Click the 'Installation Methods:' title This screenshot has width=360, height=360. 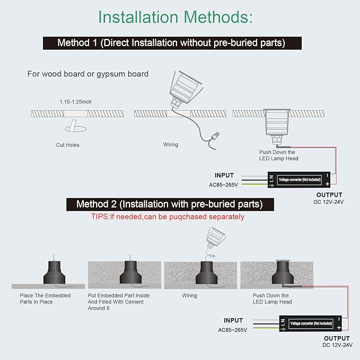click(175, 17)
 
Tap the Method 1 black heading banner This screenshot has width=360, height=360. click(172, 43)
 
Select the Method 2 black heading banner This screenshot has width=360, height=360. click(170, 204)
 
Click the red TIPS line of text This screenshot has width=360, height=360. click(168, 217)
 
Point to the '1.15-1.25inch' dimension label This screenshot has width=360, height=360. click(75, 102)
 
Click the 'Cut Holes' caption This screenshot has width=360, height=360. click(68, 145)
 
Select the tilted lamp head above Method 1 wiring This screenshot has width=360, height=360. click(185, 89)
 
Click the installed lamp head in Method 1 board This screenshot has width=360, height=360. click(276, 126)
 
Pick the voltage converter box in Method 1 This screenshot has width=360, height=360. click(298, 180)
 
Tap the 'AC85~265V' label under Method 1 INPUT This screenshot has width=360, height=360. click(223, 185)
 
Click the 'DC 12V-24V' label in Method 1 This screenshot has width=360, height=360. click(329, 202)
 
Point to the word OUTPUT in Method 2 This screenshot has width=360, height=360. click(337, 338)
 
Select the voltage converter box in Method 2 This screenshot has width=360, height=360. click(310, 323)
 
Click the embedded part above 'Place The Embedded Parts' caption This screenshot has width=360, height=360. click(55, 272)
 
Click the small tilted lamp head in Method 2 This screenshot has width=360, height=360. click(215, 238)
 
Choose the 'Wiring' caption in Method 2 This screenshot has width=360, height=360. click(189, 295)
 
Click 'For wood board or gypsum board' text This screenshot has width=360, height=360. click(88, 74)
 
